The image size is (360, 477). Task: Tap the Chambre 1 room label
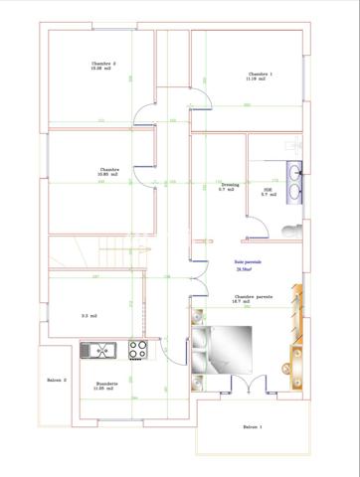[261, 74]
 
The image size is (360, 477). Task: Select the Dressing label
[230, 184]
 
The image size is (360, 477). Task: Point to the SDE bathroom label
[268, 189]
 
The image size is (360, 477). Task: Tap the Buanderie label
[107, 383]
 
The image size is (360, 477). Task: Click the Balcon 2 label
[57, 380]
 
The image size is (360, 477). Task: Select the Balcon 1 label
[253, 426]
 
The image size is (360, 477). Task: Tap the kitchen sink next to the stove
[102, 350]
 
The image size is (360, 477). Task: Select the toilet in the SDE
[288, 228]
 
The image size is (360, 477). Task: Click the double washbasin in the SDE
[294, 178]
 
